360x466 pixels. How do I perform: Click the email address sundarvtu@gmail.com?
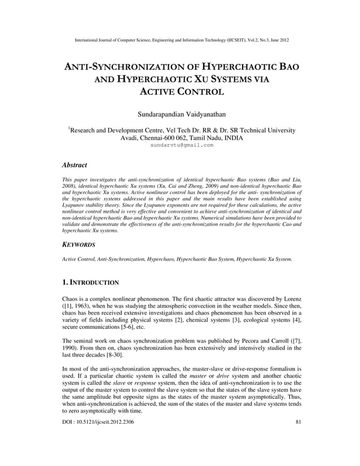[182, 145]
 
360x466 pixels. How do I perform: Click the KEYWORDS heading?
[78, 245]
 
